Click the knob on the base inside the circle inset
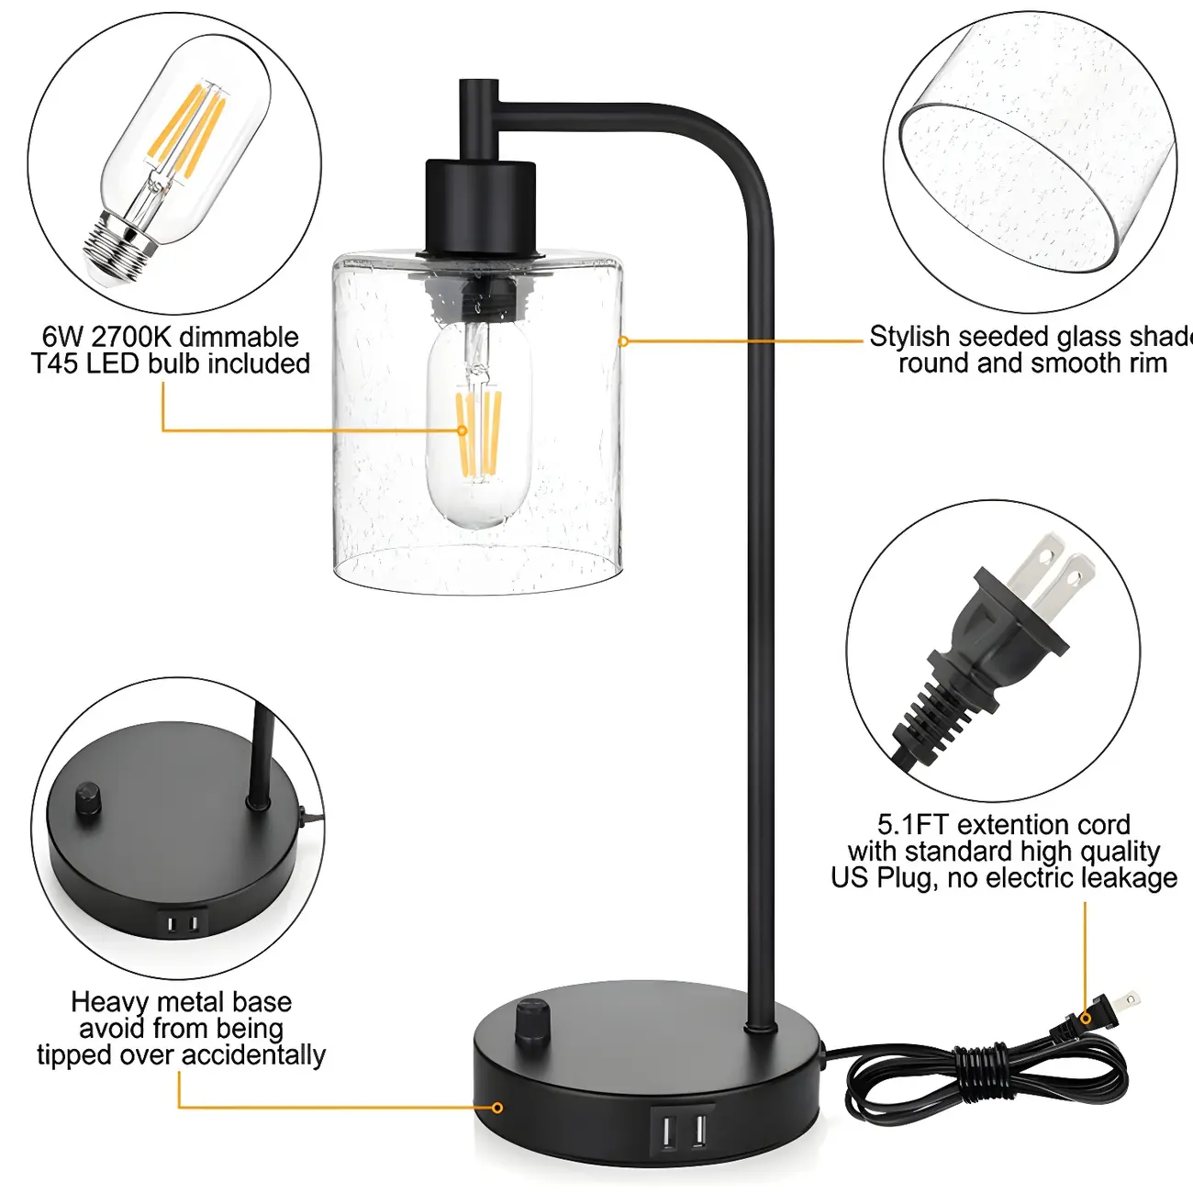89,798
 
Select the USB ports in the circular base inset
184,922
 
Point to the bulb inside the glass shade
478,427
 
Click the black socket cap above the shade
479,206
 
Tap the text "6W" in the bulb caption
62,337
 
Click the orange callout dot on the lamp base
497,1108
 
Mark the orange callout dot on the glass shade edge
623,341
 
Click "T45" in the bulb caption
57,363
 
